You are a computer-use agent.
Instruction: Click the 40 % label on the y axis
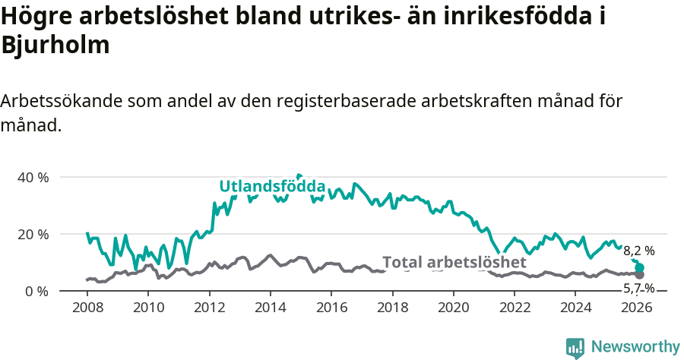(x=33, y=177)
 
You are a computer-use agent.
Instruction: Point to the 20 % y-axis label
(x=33, y=234)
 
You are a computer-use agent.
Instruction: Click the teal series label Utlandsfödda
(x=272, y=187)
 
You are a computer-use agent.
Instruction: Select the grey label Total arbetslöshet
(x=454, y=262)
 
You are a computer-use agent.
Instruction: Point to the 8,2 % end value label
(x=638, y=251)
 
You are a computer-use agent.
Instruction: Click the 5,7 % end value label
(x=638, y=288)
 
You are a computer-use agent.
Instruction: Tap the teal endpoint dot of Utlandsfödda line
(x=640, y=267)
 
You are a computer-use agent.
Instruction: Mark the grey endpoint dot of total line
(x=640, y=275)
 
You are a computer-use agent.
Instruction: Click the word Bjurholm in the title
(x=56, y=45)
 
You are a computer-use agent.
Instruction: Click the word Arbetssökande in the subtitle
(x=64, y=101)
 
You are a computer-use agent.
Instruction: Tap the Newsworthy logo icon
(x=575, y=347)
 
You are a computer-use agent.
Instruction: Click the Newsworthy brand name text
(x=635, y=347)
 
